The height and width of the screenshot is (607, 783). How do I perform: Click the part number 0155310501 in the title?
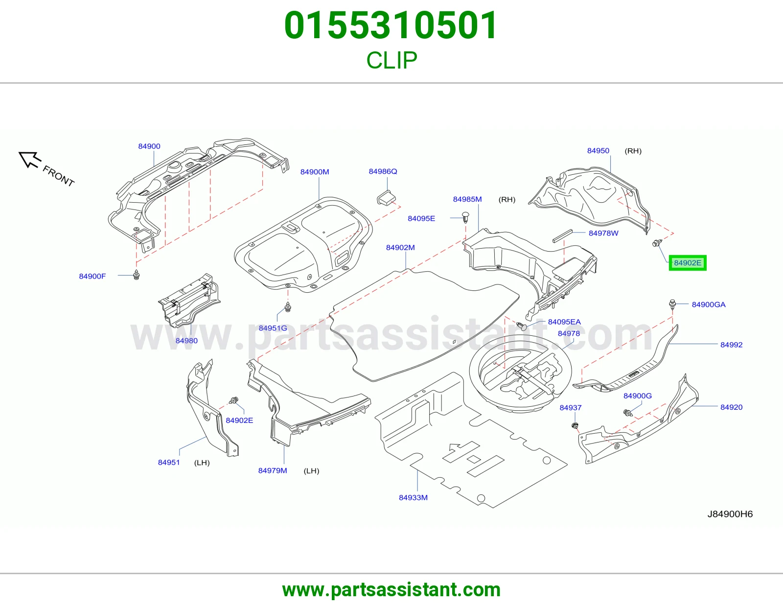click(x=391, y=25)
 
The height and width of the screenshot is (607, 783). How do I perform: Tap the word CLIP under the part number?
click(x=391, y=60)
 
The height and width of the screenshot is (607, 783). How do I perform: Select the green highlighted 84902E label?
click(x=688, y=263)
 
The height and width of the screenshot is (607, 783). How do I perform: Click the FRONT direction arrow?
click(x=29, y=159)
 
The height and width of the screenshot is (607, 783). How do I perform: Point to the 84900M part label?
click(x=315, y=172)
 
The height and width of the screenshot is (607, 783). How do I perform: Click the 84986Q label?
click(x=383, y=171)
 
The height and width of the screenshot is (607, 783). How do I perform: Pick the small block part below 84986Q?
click(x=386, y=198)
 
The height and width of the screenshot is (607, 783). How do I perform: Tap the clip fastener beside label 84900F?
click(x=136, y=275)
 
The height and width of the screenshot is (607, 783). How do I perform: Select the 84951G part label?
click(x=273, y=328)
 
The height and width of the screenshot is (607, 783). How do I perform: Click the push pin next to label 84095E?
click(x=465, y=218)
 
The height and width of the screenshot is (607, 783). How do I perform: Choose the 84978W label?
click(x=603, y=233)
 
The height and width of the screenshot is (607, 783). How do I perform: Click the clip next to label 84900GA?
click(x=672, y=304)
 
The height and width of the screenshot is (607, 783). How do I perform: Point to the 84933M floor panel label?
click(x=413, y=497)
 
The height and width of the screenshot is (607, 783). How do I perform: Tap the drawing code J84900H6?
click(x=730, y=514)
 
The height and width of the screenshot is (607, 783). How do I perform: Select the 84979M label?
click(x=273, y=470)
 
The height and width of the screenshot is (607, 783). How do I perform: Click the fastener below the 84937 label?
click(x=575, y=426)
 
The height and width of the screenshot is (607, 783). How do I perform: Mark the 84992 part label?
click(x=731, y=345)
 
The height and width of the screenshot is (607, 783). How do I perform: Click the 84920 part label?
click(x=731, y=407)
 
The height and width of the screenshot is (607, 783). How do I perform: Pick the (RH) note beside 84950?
click(x=633, y=151)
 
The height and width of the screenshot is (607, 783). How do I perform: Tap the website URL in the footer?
click(x=391, y=590)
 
